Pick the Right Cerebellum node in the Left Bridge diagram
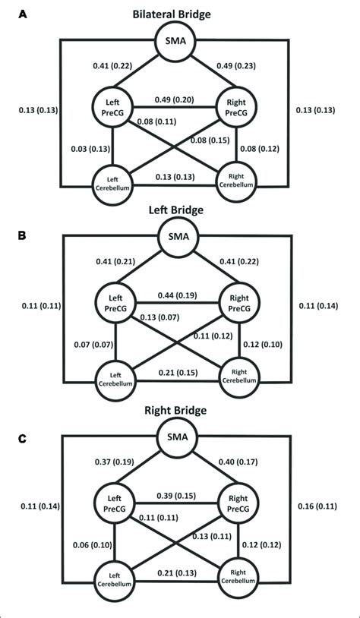tap(238, 374)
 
